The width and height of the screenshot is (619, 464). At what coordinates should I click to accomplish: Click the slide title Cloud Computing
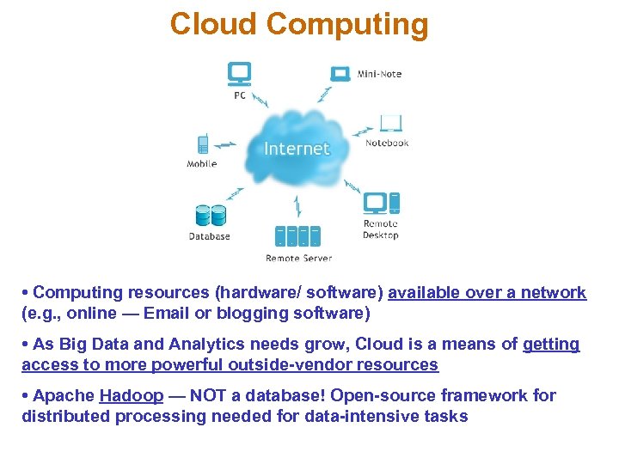click(x=298, y=24)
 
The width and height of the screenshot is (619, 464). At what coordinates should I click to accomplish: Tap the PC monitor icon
click(x=239, y=74)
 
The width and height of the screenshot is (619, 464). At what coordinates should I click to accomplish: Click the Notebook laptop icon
click(x=391, y=124)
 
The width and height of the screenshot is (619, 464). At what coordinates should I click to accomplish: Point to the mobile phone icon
click(x=203, y=143)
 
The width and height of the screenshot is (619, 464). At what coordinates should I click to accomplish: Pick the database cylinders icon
click(x=210, y=216)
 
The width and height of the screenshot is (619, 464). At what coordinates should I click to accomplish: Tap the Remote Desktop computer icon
click(x=381, y=203)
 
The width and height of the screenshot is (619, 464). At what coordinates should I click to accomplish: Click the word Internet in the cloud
click(x=297, y=149)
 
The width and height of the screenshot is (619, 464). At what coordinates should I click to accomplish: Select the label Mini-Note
click(x=379, y=74)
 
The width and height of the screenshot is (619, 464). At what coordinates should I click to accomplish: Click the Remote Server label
click(x=298, y=258)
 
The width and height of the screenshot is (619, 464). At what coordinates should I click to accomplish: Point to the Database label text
click(x=210, y=236)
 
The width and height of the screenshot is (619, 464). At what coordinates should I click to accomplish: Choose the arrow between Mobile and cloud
click(x=225, y=144)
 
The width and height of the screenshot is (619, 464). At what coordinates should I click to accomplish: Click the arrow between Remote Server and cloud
click(x=297, y=206)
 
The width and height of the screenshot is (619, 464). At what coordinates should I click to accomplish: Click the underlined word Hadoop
click(x=132, y=396)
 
